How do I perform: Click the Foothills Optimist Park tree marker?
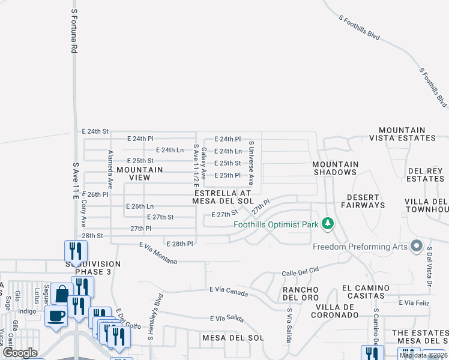point(327,224)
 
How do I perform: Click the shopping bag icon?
point(62,294)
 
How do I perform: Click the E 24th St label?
point(95,131)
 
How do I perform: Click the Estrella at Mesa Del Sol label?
point(222,197)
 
